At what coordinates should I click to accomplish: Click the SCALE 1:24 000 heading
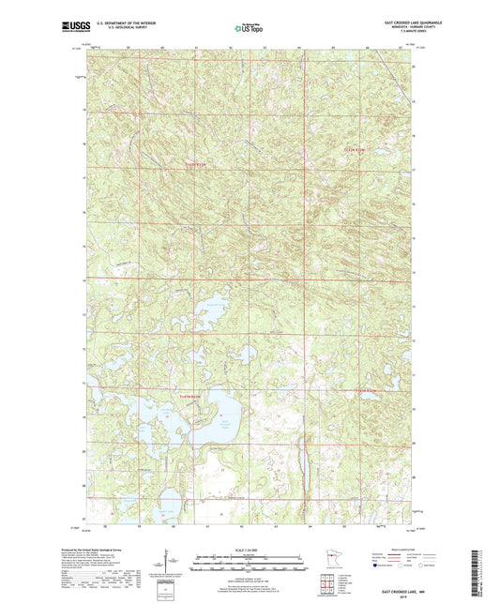[x=250, y=549]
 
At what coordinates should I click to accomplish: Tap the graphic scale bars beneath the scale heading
[x=250, y=566]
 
